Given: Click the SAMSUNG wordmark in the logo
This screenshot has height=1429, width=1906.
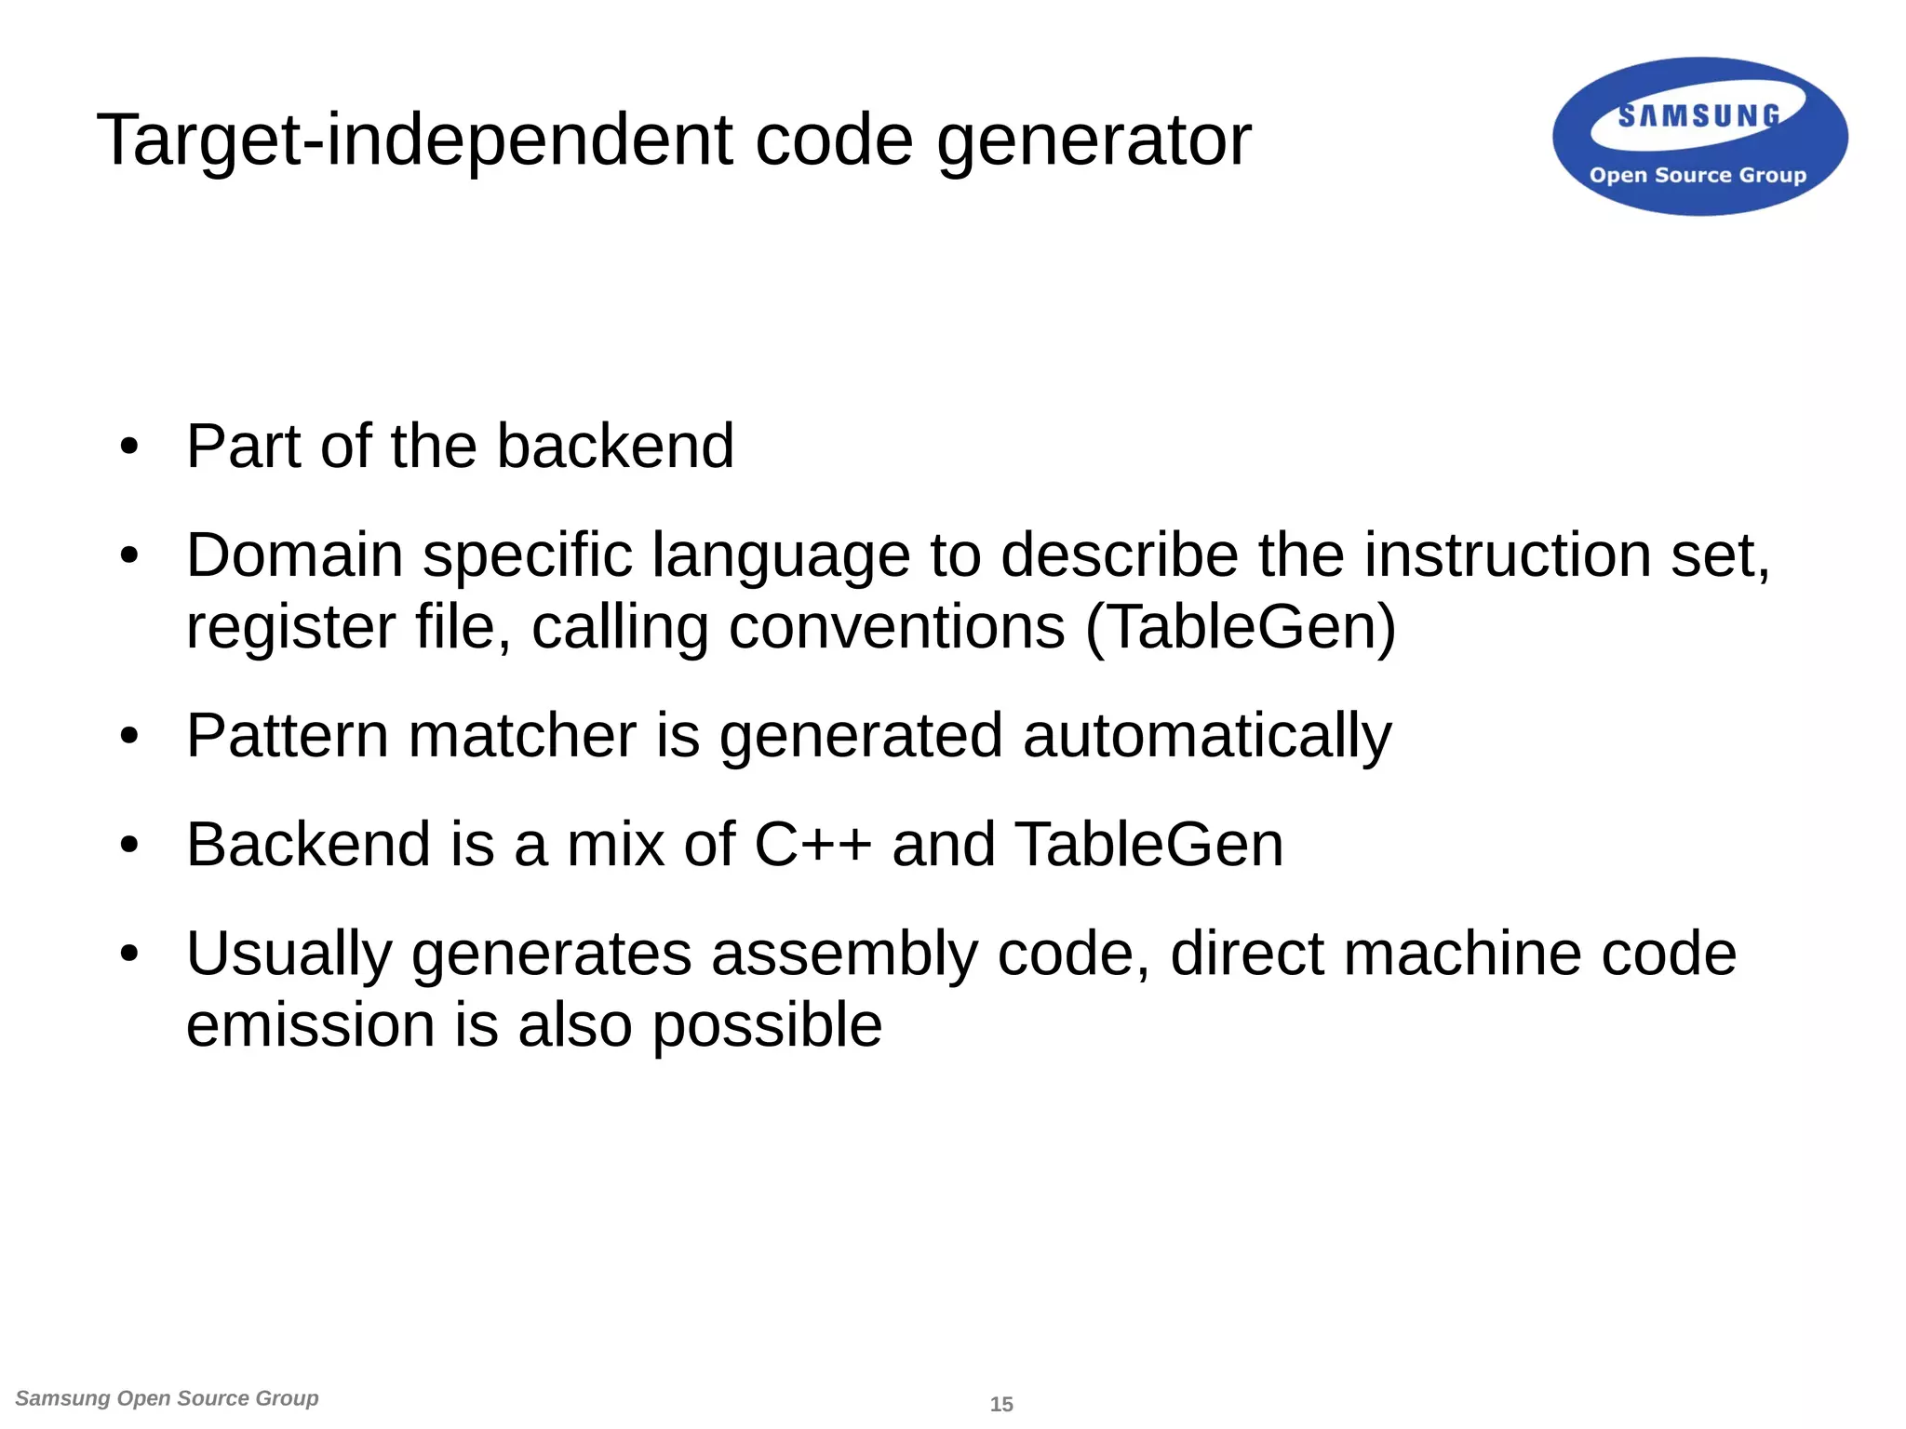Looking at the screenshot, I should (1698, 116).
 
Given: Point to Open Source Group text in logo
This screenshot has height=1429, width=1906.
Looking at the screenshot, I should (1698, 175).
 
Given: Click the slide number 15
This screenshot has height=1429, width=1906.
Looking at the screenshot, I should (1001, 1404).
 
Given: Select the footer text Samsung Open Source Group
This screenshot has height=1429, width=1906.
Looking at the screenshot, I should (168, 1398).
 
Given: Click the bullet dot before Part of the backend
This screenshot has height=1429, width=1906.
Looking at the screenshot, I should (129, 447).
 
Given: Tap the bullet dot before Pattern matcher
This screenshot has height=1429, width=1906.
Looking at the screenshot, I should (129, 737).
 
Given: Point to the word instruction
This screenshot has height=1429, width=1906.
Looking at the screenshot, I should (1507, 555).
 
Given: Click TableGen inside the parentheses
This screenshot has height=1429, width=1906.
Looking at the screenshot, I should (1242, 627).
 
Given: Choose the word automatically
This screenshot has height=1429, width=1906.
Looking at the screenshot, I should (1206, 737).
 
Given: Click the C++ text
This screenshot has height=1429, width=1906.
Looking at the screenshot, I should (812, 845).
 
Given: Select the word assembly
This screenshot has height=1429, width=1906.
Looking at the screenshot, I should (844, 955).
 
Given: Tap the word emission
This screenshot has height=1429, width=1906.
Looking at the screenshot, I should (310, 1025).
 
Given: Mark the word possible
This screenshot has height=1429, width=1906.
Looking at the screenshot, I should (767, 1027).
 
